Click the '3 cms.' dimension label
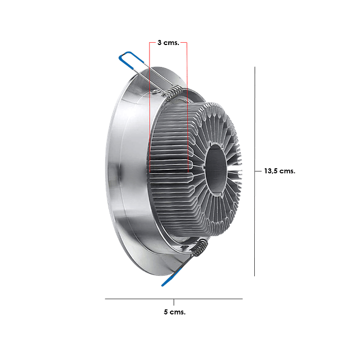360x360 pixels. [168, 42]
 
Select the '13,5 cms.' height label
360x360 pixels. [280, 170]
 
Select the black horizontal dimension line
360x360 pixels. [141, 299]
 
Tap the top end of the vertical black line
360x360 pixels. [256, 66]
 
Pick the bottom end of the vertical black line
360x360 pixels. [256, 276]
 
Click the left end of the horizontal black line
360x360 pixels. [106, 299]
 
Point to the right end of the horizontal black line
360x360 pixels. [242, 299]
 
